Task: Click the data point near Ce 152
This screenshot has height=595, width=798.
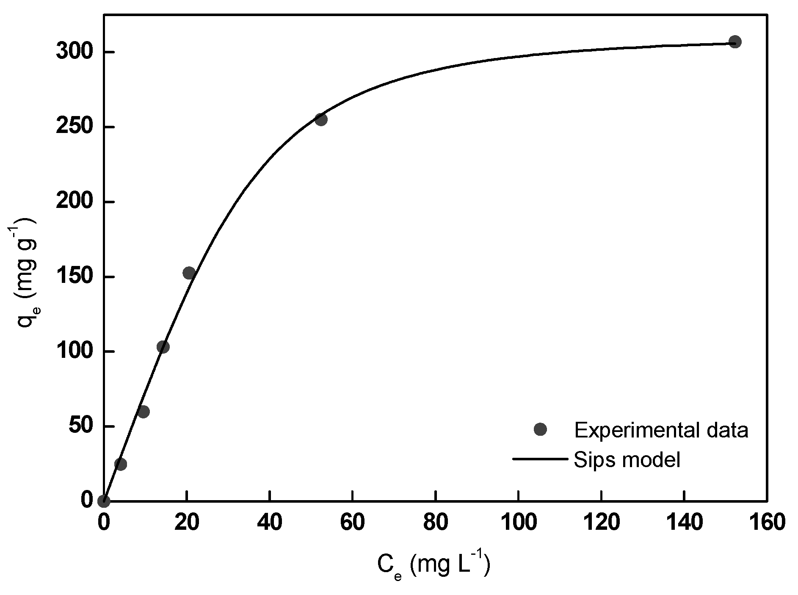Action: tap(734, 42)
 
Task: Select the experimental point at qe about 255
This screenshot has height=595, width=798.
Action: tap(320, 119)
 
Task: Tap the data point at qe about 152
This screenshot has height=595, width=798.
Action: tap(189, 273)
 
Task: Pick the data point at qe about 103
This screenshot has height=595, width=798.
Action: tap(163, 347)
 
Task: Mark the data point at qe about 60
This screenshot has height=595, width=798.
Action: tap(143, 411)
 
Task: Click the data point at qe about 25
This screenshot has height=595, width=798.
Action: tap(120, 464)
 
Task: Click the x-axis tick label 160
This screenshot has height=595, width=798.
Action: tap(767, 523)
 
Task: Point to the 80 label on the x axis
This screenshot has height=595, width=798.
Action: tap(435, 523)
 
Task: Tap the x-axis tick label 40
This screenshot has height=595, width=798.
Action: tap(270, 523)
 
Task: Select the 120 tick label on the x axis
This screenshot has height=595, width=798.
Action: tap(601, 523)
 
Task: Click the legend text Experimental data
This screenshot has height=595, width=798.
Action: tap(661, 430)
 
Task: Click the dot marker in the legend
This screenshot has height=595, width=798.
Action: tap(541, 429)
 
